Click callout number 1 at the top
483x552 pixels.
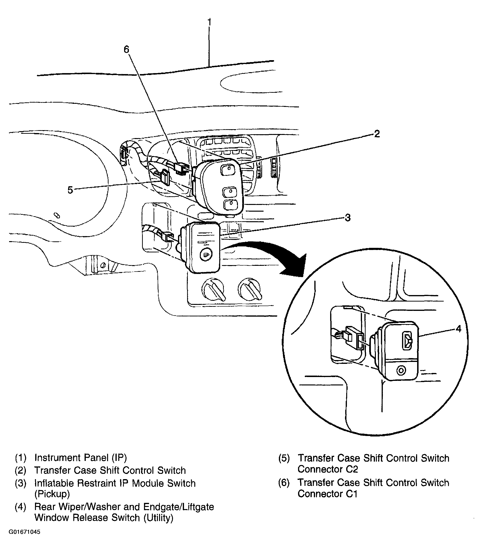tap(209, 22)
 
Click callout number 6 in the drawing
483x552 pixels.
tap(126, 49)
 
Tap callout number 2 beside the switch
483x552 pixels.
tap(377, 134)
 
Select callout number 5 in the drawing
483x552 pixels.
tap(70, 190)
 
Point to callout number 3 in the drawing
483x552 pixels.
tap(348, 218)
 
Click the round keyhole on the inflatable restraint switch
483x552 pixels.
tap(206, 254)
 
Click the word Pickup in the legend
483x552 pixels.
tap(52, 494)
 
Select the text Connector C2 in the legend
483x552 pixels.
tap(328, 470)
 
